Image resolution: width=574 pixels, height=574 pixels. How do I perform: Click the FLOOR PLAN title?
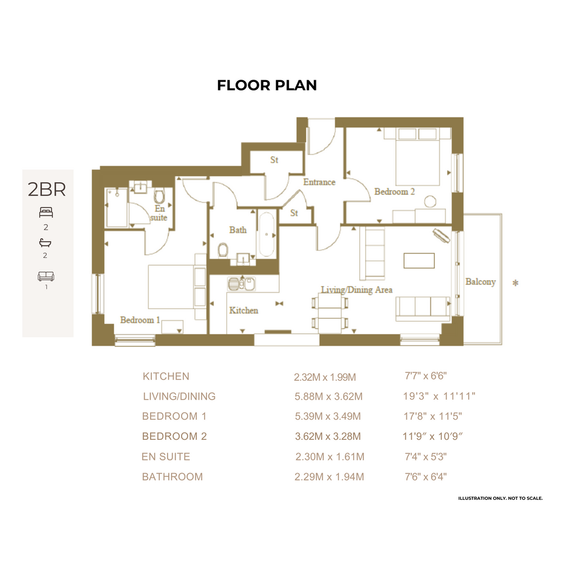coord(267,85)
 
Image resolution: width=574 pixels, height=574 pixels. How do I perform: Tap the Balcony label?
coord(480,282)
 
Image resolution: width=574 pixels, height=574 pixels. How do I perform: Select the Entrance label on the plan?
coord(319,182)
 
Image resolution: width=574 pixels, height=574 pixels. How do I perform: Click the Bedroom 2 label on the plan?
coord(395,191)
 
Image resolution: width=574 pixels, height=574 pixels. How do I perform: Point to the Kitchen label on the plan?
coord(244,310)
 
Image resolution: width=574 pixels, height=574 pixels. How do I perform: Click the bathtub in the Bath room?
coord(266,234)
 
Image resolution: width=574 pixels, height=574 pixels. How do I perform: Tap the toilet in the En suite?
coord(159,197)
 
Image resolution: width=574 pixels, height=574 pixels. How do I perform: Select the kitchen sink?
coord(241,284)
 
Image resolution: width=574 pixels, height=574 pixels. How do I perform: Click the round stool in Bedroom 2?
coord(431,201)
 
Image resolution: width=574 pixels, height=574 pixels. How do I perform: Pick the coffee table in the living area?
coord(419,261)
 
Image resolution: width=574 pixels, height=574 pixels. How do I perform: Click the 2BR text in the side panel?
coord(47,190)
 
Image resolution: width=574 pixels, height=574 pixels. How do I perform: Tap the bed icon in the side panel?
coord(46,213)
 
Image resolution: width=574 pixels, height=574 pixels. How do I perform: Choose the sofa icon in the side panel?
coord(46,276)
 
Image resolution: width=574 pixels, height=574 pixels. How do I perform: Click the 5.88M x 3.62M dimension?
coord(329,397)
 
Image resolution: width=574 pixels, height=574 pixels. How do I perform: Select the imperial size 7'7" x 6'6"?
coord(426,376)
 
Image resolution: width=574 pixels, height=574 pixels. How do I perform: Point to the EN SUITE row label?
coord(166,457)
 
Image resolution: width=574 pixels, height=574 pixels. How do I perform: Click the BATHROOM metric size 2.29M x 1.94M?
coord(329,477)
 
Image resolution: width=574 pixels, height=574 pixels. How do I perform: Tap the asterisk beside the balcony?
coord(516,283)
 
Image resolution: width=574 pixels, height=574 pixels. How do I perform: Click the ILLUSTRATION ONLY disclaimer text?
coord(501,498)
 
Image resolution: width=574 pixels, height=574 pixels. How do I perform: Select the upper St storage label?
coord(274,160)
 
